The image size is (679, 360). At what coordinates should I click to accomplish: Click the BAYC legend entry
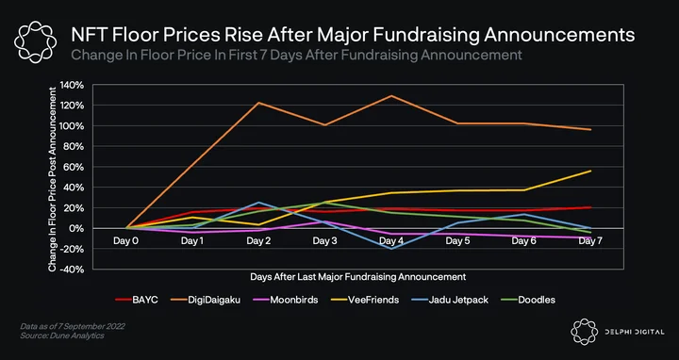pos(137,300)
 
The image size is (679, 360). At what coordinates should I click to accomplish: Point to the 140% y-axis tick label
pos(72,85)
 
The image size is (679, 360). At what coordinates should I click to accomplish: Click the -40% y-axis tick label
pos(73,270)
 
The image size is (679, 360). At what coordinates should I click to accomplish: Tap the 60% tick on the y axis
pos(75,167)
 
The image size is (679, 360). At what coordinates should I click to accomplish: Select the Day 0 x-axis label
pos(126,241)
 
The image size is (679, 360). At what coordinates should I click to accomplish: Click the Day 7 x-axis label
pos(590,241)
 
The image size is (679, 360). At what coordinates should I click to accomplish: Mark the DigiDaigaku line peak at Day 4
pos(392,95)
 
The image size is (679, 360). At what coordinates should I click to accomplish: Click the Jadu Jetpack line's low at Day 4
pos(392,249)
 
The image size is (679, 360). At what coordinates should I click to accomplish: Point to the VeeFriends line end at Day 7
pos(590,171)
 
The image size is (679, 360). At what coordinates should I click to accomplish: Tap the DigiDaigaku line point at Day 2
pos(259,103)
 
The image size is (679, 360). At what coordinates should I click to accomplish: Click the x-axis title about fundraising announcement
pos(358,276)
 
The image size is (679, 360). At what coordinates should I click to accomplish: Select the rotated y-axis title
pos(53,179)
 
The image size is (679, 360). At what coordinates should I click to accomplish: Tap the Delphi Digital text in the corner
pos(635,332)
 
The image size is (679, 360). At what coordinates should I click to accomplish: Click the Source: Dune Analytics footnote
pos(62,335)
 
